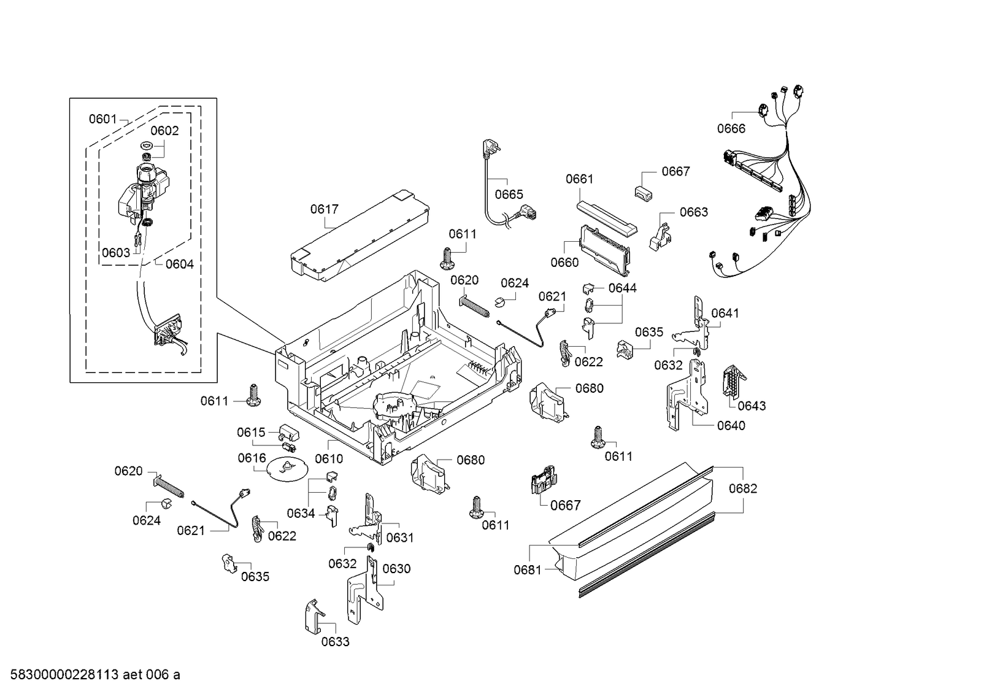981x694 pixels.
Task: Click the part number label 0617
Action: [x=324, y=209]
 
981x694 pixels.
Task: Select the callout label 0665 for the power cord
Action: [x=509, y=195]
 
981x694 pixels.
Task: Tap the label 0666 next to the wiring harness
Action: [x=731, y=128]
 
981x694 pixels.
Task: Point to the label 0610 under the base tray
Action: [x=329, y=458]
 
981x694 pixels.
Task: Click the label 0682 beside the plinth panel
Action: [x=742, y=488]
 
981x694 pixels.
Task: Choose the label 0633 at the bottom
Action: [x=335, y=642]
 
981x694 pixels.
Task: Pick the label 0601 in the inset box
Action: [x=102, y=119]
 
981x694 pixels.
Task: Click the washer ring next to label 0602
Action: [x=147, y=145]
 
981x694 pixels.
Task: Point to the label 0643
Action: [x=752, y=406]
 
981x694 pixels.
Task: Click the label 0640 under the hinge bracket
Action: [x=731, y=426]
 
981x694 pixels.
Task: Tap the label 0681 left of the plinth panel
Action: [x=528, y=570]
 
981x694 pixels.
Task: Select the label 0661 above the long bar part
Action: [x=579, y=179]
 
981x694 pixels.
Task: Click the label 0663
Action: [x=693, y=212]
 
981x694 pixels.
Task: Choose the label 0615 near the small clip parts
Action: [x=251, y=433]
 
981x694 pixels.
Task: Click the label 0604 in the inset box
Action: [x=179, y=264]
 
